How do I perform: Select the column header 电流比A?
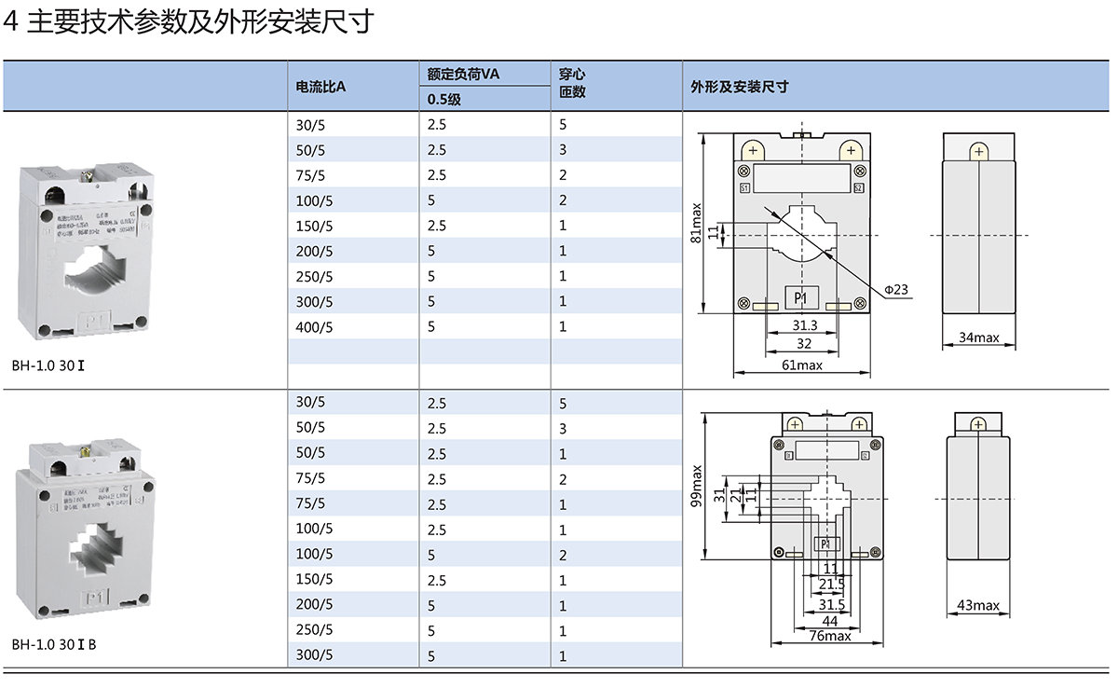(x=320, y=87)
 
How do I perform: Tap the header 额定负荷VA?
(x=463, y=74)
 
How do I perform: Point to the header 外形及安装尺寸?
(x=740, y=87)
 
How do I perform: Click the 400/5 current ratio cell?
(x=314, y=327)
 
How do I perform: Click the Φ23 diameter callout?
(x=895, y=290)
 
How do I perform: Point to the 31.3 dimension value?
(x=805, y=325)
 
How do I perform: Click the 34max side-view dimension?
(x=978, y=337)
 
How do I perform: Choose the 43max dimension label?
(x=978, y=606)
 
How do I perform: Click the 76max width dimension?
(x=829, y=636)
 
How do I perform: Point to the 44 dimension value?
(x=829, y=621)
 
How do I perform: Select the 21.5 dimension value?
(x=832, y=584)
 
